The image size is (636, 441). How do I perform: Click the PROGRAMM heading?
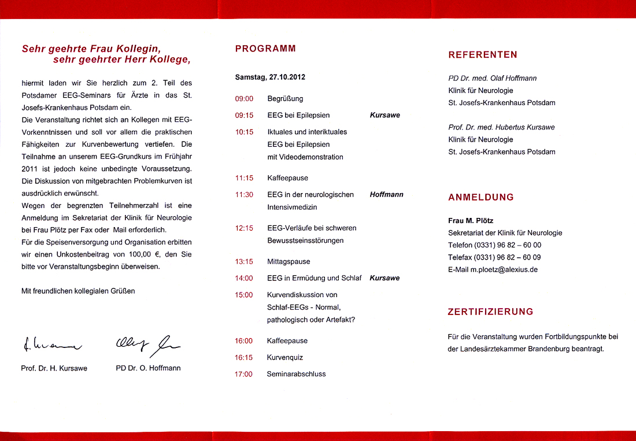click(265, 49)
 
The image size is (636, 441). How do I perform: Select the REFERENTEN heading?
click(483, 55)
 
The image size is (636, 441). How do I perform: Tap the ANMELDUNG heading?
click(481, 197)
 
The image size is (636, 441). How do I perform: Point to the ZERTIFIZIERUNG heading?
click(490, 312)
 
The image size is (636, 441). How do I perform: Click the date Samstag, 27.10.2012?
click(270, 77)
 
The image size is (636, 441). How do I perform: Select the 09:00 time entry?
click(244, 99)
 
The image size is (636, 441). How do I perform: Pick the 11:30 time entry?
click(244, 195)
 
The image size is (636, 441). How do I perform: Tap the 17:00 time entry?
click(243, 374)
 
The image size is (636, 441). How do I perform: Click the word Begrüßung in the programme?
click(285, 99)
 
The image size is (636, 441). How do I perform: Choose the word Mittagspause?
click(289, 261)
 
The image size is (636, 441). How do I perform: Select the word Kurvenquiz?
click(284, 357)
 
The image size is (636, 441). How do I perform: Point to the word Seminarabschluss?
click(296, 374)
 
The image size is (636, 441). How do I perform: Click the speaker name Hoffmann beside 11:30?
click(386, 195)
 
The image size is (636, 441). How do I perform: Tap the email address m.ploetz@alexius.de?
click(503, 269)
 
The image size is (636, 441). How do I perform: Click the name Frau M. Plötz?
click(471, 220)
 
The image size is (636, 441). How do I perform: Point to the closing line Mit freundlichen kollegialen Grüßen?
click(78, 291)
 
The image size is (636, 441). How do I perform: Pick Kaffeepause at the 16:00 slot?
click(287, 340)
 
